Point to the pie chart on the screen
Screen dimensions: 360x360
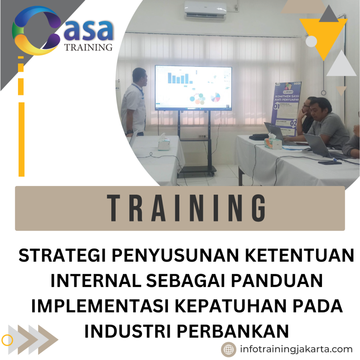point(215,97)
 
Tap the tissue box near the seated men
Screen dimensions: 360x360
point(273,143)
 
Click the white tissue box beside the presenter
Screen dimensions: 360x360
point(164,143)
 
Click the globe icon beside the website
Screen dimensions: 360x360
point(229,349)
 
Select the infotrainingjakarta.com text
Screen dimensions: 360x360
point(296,349)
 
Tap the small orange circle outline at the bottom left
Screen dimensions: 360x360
point(7,340)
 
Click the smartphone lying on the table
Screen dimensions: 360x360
point(329,162)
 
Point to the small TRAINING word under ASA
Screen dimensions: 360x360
point(89,47)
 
